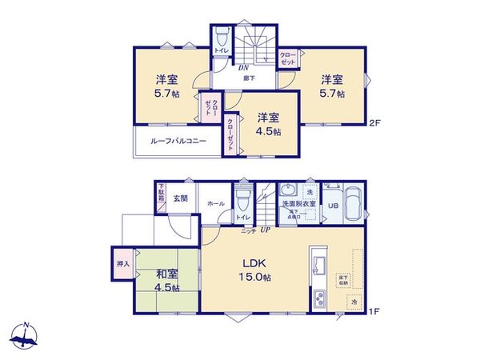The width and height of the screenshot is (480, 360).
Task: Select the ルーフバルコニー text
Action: coord(179,141)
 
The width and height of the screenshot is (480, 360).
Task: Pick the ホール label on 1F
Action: coord(215,204)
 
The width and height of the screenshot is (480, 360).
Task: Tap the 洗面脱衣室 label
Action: coord(298,205)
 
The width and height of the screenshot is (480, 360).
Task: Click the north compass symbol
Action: coord(26,335)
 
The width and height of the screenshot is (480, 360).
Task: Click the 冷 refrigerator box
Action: coord(353,302)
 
